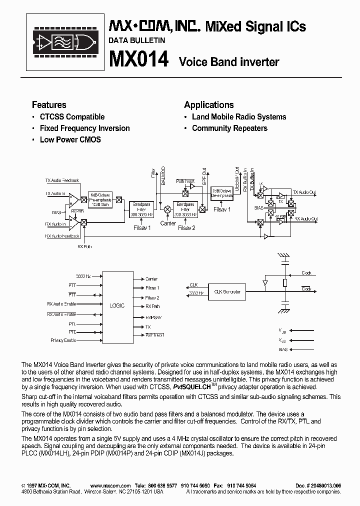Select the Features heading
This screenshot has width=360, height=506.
49,105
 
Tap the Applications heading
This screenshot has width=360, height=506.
208,105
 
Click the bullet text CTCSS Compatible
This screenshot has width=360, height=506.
72,117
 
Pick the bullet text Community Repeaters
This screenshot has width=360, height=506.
229,128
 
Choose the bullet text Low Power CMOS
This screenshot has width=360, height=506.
70,140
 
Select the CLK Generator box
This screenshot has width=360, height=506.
227,291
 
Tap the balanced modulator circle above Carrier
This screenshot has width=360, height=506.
167,208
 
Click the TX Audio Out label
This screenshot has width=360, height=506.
304,192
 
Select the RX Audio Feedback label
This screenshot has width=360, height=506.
62,235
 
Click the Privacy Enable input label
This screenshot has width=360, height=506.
63,340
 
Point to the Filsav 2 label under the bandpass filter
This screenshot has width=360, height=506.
186,228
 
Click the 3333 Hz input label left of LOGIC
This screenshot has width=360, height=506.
83,276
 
